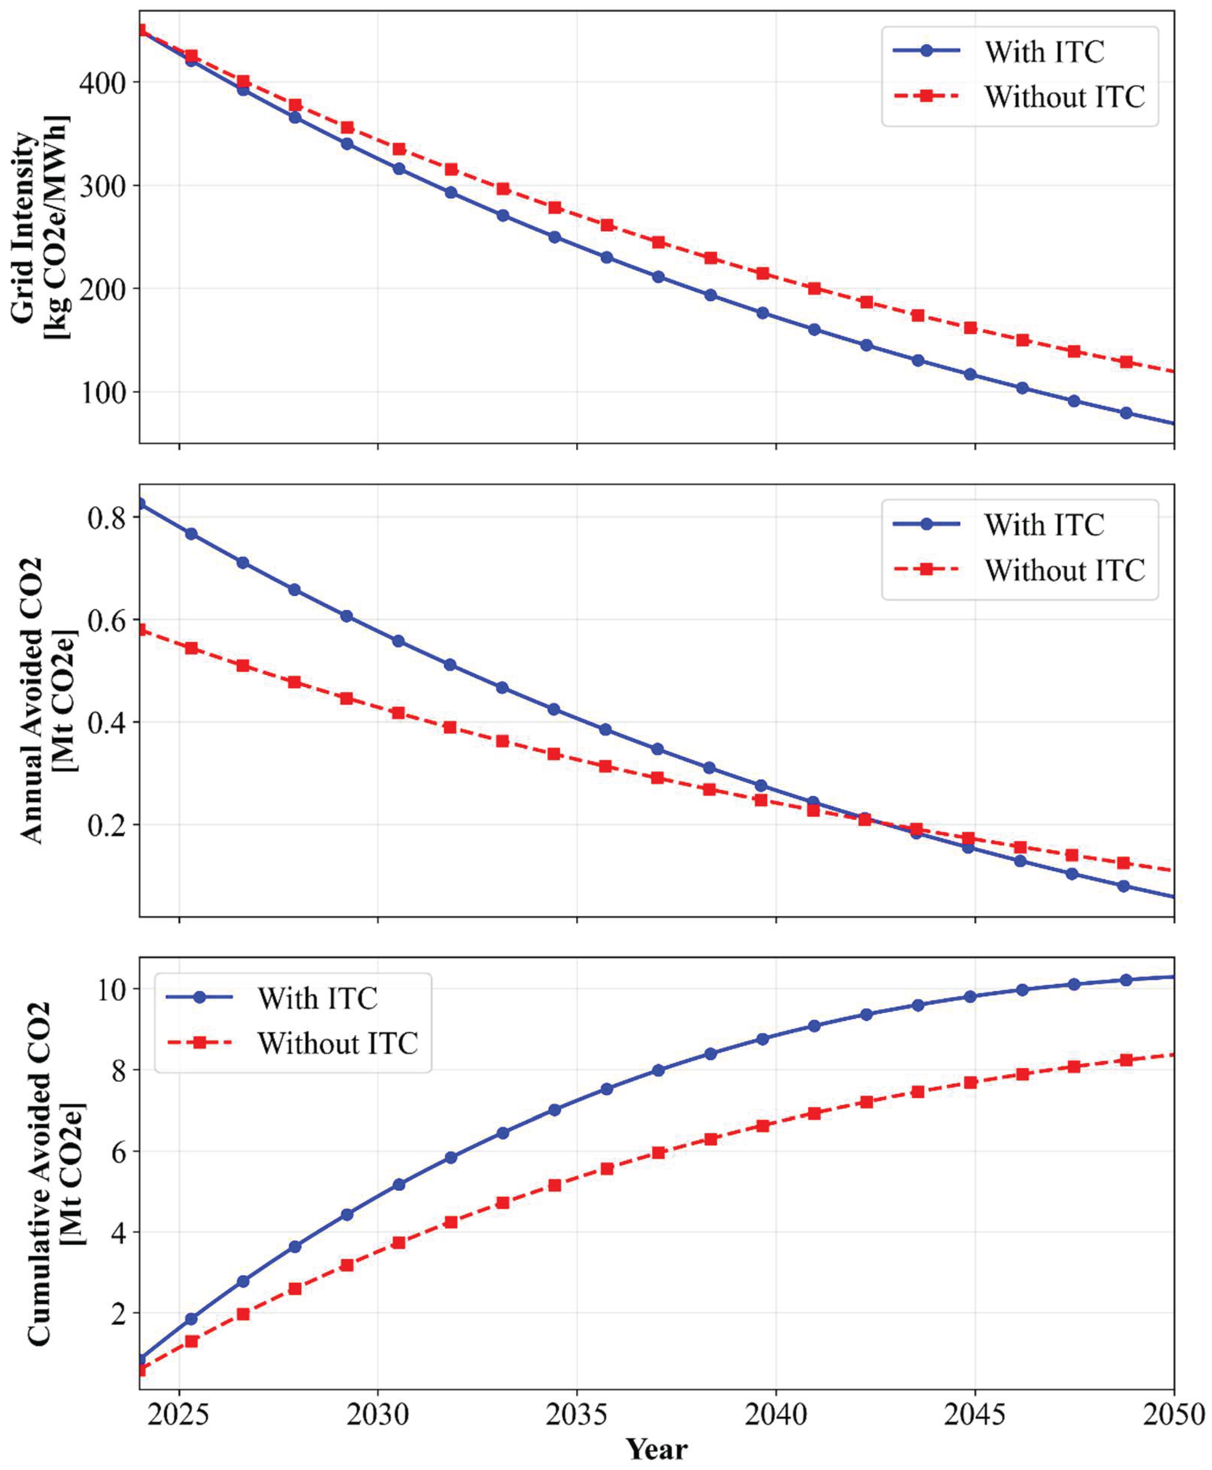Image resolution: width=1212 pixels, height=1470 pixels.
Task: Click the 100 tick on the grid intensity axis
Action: coord(102,392)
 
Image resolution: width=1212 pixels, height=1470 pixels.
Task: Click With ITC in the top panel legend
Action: coord(1044,52)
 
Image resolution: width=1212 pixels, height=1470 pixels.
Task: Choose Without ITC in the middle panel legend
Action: coord(1064,570)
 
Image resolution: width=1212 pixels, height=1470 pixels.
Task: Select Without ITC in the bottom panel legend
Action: coord(337,1043)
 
